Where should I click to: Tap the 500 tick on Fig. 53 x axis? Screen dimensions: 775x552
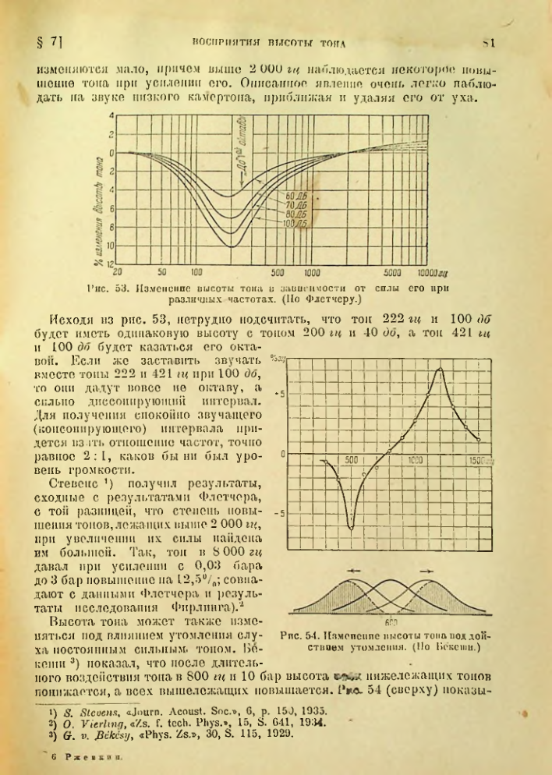pyautogui.click(x=278, y=273)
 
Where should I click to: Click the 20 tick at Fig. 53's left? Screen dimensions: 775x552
pyautogui.click(x=117, y=273)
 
